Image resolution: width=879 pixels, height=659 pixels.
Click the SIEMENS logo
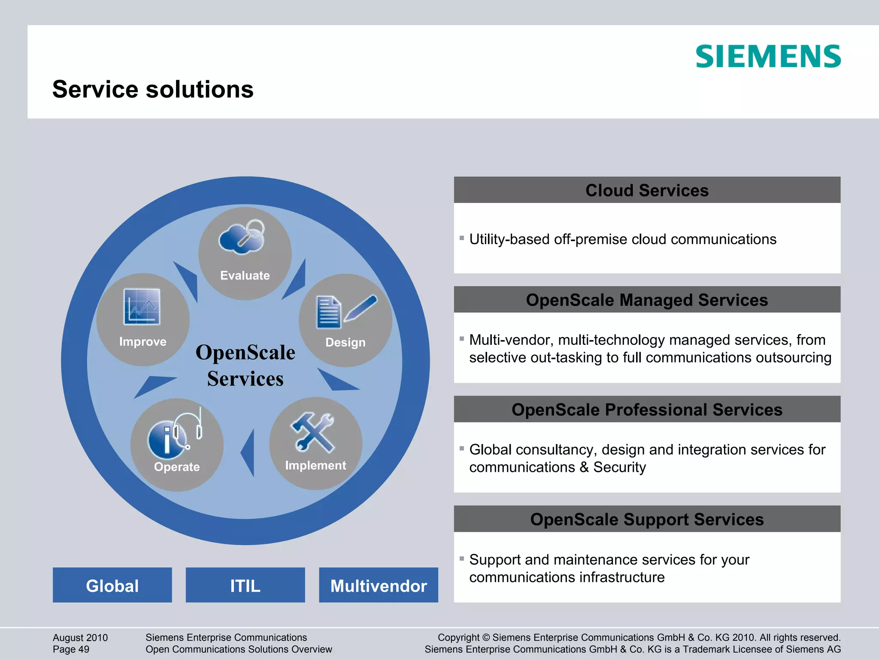click(768, 56)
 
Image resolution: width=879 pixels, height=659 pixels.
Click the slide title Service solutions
click(153, 89)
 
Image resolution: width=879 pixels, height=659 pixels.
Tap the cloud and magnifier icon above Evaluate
click(242, 237)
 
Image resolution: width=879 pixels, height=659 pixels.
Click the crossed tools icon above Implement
click(313, 432)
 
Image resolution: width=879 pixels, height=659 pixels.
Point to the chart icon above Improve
click(142, 306)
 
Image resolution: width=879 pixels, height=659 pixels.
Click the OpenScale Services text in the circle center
click(245, 366)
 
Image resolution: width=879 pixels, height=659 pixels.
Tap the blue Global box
click(112, 585)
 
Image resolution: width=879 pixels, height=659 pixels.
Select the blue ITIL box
click(245, 585)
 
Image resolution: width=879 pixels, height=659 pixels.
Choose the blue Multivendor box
click(378, 585)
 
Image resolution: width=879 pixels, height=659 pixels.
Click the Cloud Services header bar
click(647, 190)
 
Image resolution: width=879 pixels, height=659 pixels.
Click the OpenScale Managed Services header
click(647, 300)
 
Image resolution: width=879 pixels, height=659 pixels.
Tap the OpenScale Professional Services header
click(647, 410)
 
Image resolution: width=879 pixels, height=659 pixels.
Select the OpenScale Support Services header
click(647, 519)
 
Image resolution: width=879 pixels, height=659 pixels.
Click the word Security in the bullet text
click(619, 467)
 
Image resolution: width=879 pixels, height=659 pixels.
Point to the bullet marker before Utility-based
click(462, 238)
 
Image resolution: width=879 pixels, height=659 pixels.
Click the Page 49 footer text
click(71, 649)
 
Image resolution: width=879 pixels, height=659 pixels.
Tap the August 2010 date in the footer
click(80, 638)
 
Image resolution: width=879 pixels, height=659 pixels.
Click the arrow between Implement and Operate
click(249, 453)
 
